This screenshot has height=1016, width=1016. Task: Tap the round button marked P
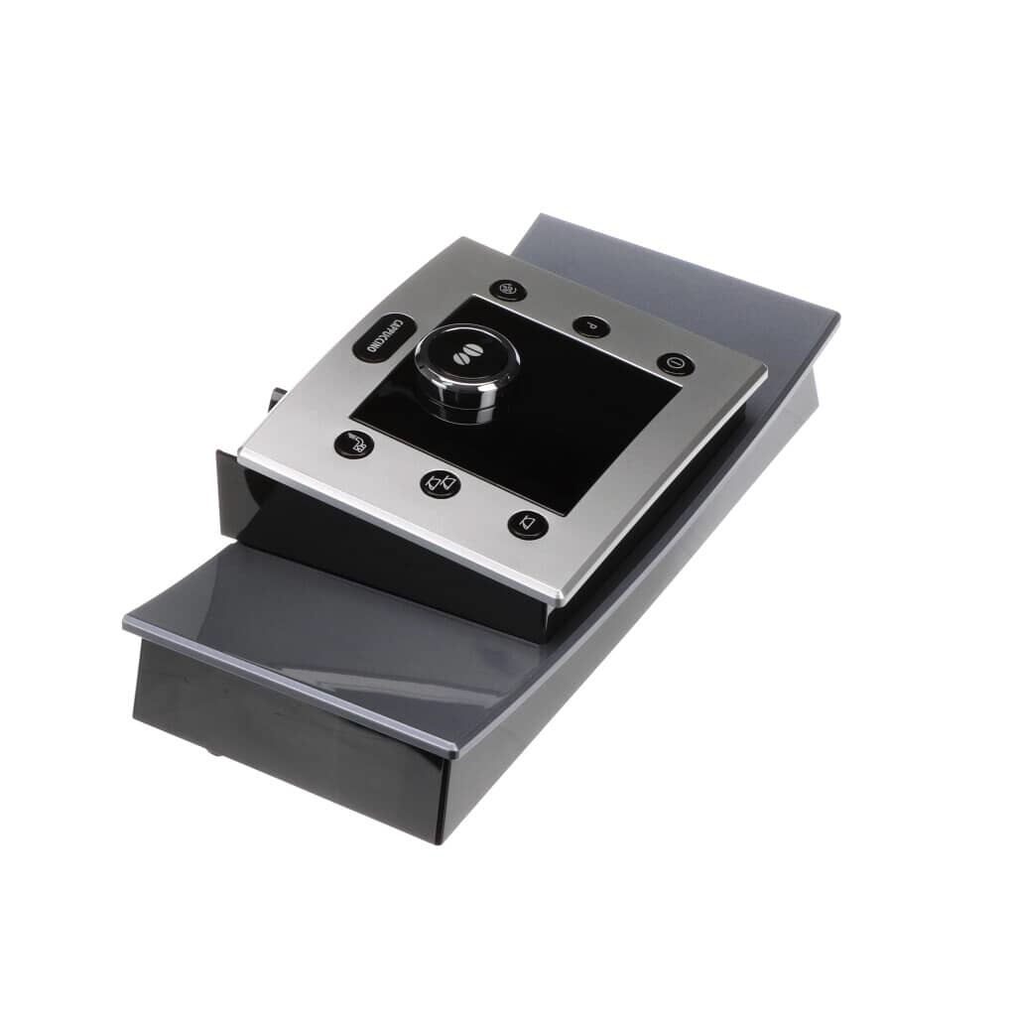[x=590, y=324]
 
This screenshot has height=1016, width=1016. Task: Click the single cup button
[x=528, y=524]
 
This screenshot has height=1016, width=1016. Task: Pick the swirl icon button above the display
[x=507, y=289]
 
